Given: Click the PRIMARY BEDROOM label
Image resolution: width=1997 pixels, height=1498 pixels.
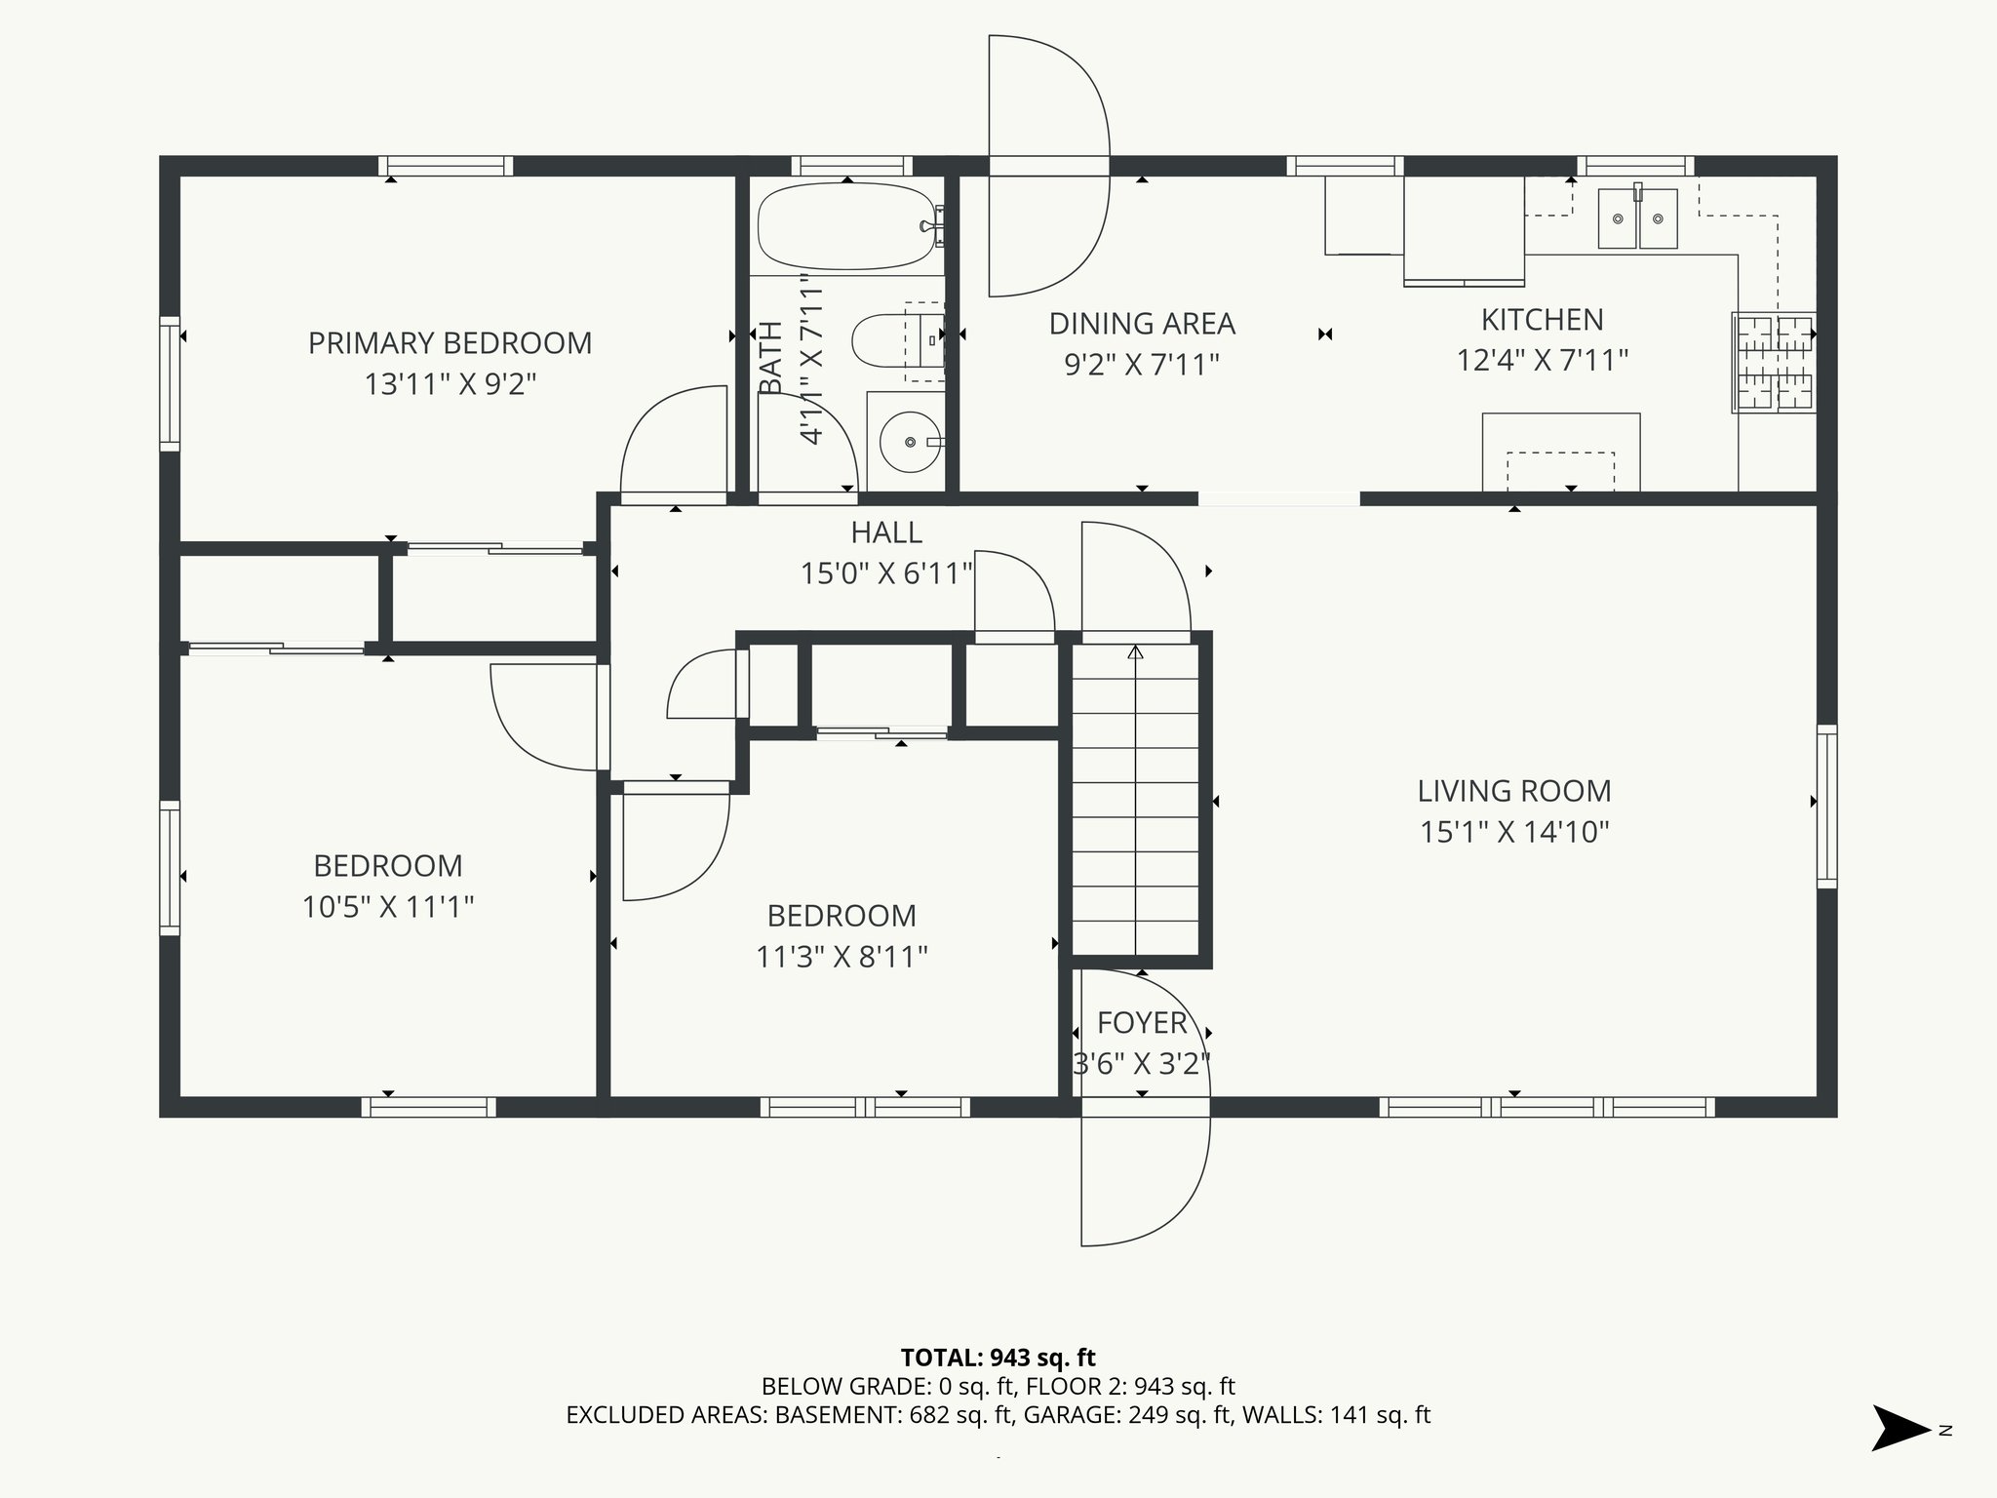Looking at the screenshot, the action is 450,343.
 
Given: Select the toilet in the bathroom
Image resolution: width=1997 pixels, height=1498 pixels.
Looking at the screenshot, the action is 897,340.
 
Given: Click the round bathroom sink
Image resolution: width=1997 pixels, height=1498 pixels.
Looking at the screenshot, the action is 911,442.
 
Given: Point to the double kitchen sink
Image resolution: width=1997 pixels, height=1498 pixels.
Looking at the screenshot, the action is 1637,218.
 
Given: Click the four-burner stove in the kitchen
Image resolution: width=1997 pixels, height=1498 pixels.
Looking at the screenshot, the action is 1774,362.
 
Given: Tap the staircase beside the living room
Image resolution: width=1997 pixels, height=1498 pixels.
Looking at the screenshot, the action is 1136,799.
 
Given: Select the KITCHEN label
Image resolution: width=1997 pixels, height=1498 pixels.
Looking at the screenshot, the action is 1542,320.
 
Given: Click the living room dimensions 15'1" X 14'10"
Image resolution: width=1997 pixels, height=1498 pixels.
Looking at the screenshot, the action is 1514,832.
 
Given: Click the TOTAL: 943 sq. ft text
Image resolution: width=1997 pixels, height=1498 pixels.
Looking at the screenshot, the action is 998,1358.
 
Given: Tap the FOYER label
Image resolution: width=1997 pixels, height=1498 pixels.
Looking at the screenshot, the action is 1142,1023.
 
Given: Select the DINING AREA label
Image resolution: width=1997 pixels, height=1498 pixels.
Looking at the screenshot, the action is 1142,324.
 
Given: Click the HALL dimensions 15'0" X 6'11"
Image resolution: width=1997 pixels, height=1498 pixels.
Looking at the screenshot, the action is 886,573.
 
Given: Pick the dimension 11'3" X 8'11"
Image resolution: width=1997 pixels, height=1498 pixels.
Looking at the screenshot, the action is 842,957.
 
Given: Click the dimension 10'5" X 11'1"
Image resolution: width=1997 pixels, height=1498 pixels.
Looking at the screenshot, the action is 388,907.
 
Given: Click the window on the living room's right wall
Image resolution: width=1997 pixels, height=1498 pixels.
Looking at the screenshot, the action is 1826,806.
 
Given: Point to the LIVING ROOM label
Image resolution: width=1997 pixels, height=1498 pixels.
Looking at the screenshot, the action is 1514,791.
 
